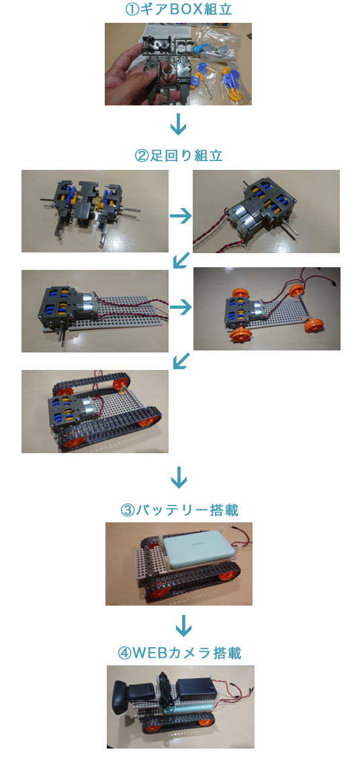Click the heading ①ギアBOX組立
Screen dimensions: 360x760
(x=179, y=9)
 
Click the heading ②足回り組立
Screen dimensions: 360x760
(x=179, y=156)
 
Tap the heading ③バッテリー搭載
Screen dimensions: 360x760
(x=179, y=510)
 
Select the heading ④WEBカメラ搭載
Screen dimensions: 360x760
(x=179, y=653)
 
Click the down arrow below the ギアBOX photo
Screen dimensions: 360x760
(x=179, y=124)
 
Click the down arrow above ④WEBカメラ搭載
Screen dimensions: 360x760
(x=183, y=626)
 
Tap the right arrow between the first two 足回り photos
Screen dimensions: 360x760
(x=181, y=216)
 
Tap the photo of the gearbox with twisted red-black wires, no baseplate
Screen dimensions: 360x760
(x=267, y=211)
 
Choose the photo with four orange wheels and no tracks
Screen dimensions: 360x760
(x=267, y=309)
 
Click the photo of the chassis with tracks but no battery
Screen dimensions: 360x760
(x=95, y=412)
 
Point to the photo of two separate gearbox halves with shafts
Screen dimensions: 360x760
(x=95, y=211)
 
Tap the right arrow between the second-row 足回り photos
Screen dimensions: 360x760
(x=181, y=307)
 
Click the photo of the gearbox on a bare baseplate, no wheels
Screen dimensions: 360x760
(x=95, y=311)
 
